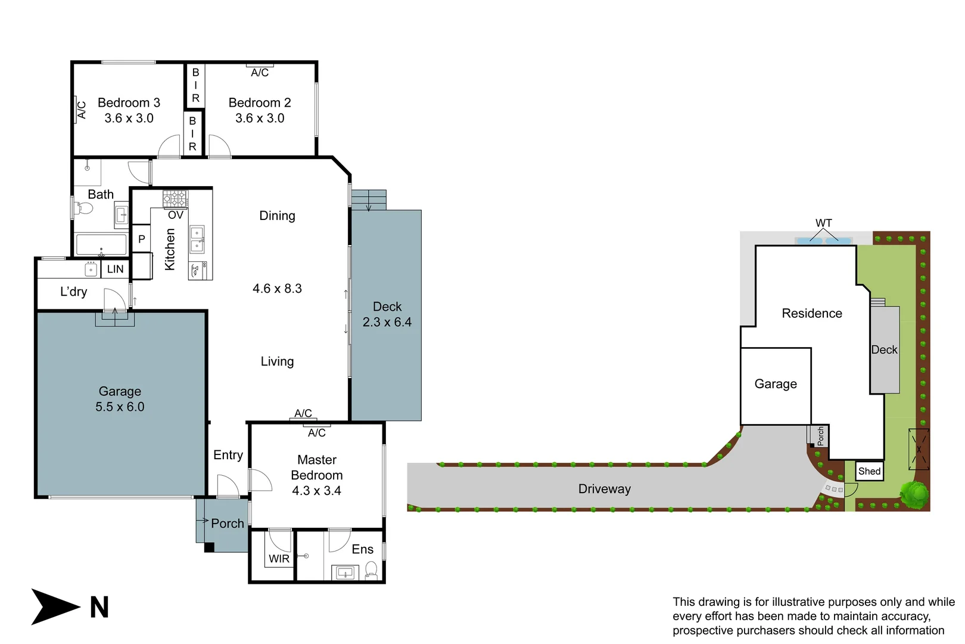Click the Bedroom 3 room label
pyautogui.click(x=129, y=103)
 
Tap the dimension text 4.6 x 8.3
pyautogui.click(x=277, y=289)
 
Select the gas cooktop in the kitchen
pyautogui.click(x=175, y=199)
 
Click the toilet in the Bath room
pyautogui.click(x=83, y=208)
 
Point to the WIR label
pyautogui.click(x=279, y=559)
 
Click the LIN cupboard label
pyautogui.click(x=115, y=269)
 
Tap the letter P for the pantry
pyautogui.click(x=142, y=239)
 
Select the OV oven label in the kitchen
pyautogui.click(x=176, y=215)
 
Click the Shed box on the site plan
pyautogui.click(x=869, y=471)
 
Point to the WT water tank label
pyautogui.click(x=824, y=223)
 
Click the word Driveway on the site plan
pyautogui.click(x=604, y=489)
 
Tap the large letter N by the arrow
pyautogui.click(x=99, y=608)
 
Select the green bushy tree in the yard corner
pyautogui.click(x=914, y=494)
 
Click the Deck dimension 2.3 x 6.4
pyautogui.click(x=387, y=322)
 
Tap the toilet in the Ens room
pyautogui.click(x=371, y=569)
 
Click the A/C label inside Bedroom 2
pyautogui.click(x=260, y=73)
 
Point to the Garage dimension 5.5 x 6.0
pyautogui.click(x=120, y=407)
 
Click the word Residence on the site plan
pyautogui.click(x=811, y=314)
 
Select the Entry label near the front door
pyautogui.click(x=228, y=455)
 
